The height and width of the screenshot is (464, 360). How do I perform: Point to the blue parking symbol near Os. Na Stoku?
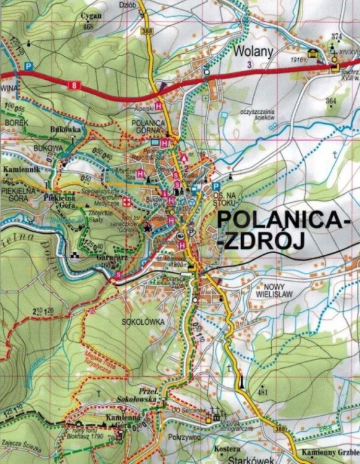(x=215, y=186)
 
